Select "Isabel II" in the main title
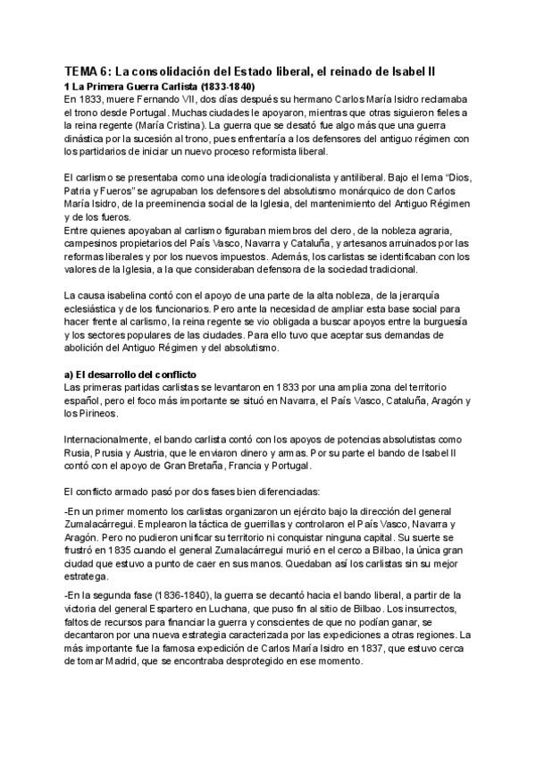(453, 71)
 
